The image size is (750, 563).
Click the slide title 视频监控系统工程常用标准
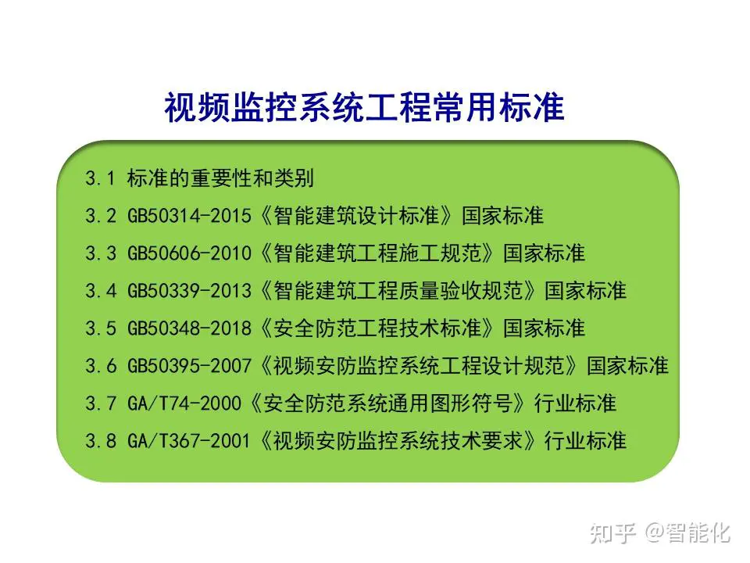tap(365, 107)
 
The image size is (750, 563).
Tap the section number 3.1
tap(100, 178)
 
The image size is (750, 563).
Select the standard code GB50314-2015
tap(189, 216)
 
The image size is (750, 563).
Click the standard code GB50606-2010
tap(189, 253)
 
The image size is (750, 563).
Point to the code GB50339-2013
tap(189, 291)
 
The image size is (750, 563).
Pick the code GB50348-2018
tap(189, 328)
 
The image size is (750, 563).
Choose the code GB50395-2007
tap(189, 366)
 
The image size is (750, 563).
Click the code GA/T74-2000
tap(184, 403)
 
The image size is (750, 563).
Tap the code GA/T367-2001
tap(189, 440)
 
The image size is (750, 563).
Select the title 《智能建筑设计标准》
tap(355, 216)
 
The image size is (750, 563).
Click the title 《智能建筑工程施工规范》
tap(377, 253)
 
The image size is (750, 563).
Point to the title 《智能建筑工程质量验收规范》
tap(397, 291)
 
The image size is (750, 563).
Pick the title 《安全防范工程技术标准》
tap(377, 328)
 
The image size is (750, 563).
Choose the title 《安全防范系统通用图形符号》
tap(387, 403)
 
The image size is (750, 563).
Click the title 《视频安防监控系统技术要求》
tap(397, 440)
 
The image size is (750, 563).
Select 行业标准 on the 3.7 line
tap(575, 403)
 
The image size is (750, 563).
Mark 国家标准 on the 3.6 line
tap(627, 366)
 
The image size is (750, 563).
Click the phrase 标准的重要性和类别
tap(220, 178)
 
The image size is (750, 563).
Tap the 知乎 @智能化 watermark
tap(660, 533)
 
